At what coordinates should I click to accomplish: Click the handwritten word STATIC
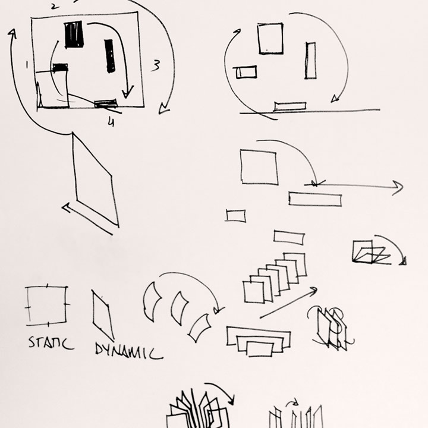pos(51,343)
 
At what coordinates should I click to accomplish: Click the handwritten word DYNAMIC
pos(129,351)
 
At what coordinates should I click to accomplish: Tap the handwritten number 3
pos(156,66)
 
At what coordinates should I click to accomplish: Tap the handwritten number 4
pos(111,122)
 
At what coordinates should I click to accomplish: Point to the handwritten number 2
pos(55,7)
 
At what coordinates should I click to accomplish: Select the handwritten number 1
pos(27,65)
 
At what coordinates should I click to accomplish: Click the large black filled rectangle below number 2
pos(74,34)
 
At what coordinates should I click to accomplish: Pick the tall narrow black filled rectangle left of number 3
pos(109,56)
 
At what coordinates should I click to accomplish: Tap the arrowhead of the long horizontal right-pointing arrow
pos(398,187)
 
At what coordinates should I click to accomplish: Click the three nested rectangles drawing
pos(258,341)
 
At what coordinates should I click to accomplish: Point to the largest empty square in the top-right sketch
pos(270,39)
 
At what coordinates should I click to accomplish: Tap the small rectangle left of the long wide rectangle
pos(236,216)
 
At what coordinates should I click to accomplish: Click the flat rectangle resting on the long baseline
pos(290,106)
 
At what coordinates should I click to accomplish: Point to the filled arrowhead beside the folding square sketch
pos(404,261)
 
